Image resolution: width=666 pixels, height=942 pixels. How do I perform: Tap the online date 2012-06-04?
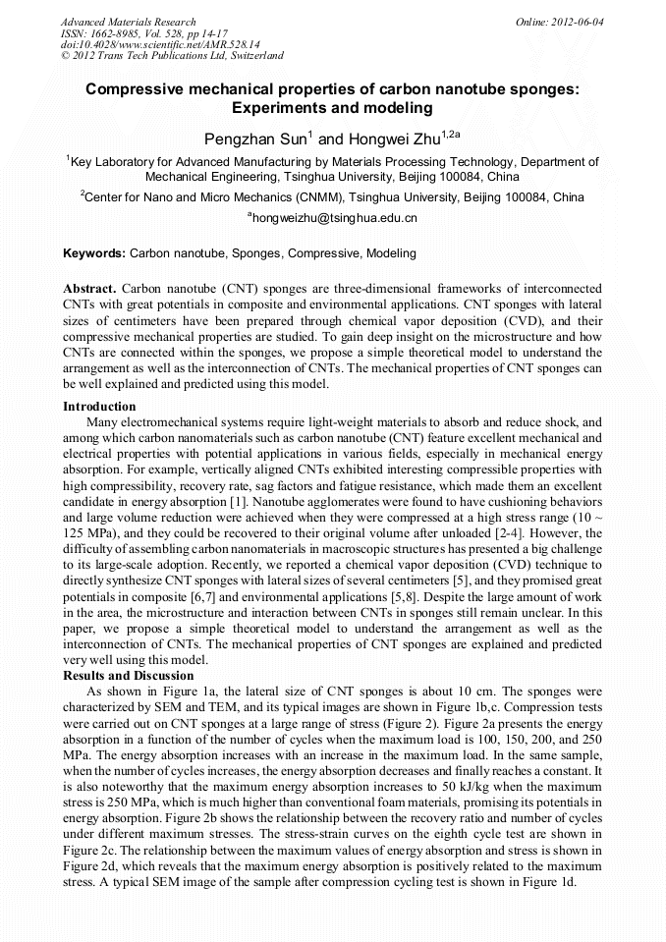point(581,22)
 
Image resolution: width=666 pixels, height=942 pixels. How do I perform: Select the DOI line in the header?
point(160,44)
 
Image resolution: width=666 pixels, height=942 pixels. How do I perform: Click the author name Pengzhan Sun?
point(252,138)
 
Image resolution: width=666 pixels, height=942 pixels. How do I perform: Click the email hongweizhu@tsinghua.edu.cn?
point(335,218)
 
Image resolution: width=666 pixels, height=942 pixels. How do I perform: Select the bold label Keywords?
point(94,253)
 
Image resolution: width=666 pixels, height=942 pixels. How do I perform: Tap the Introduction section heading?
point(99,407)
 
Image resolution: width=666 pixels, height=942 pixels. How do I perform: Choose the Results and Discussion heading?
point(128,676)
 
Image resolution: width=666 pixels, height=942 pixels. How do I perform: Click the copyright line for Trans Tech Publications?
point(172,56)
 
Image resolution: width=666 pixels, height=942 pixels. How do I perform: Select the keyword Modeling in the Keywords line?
point(391,253)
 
